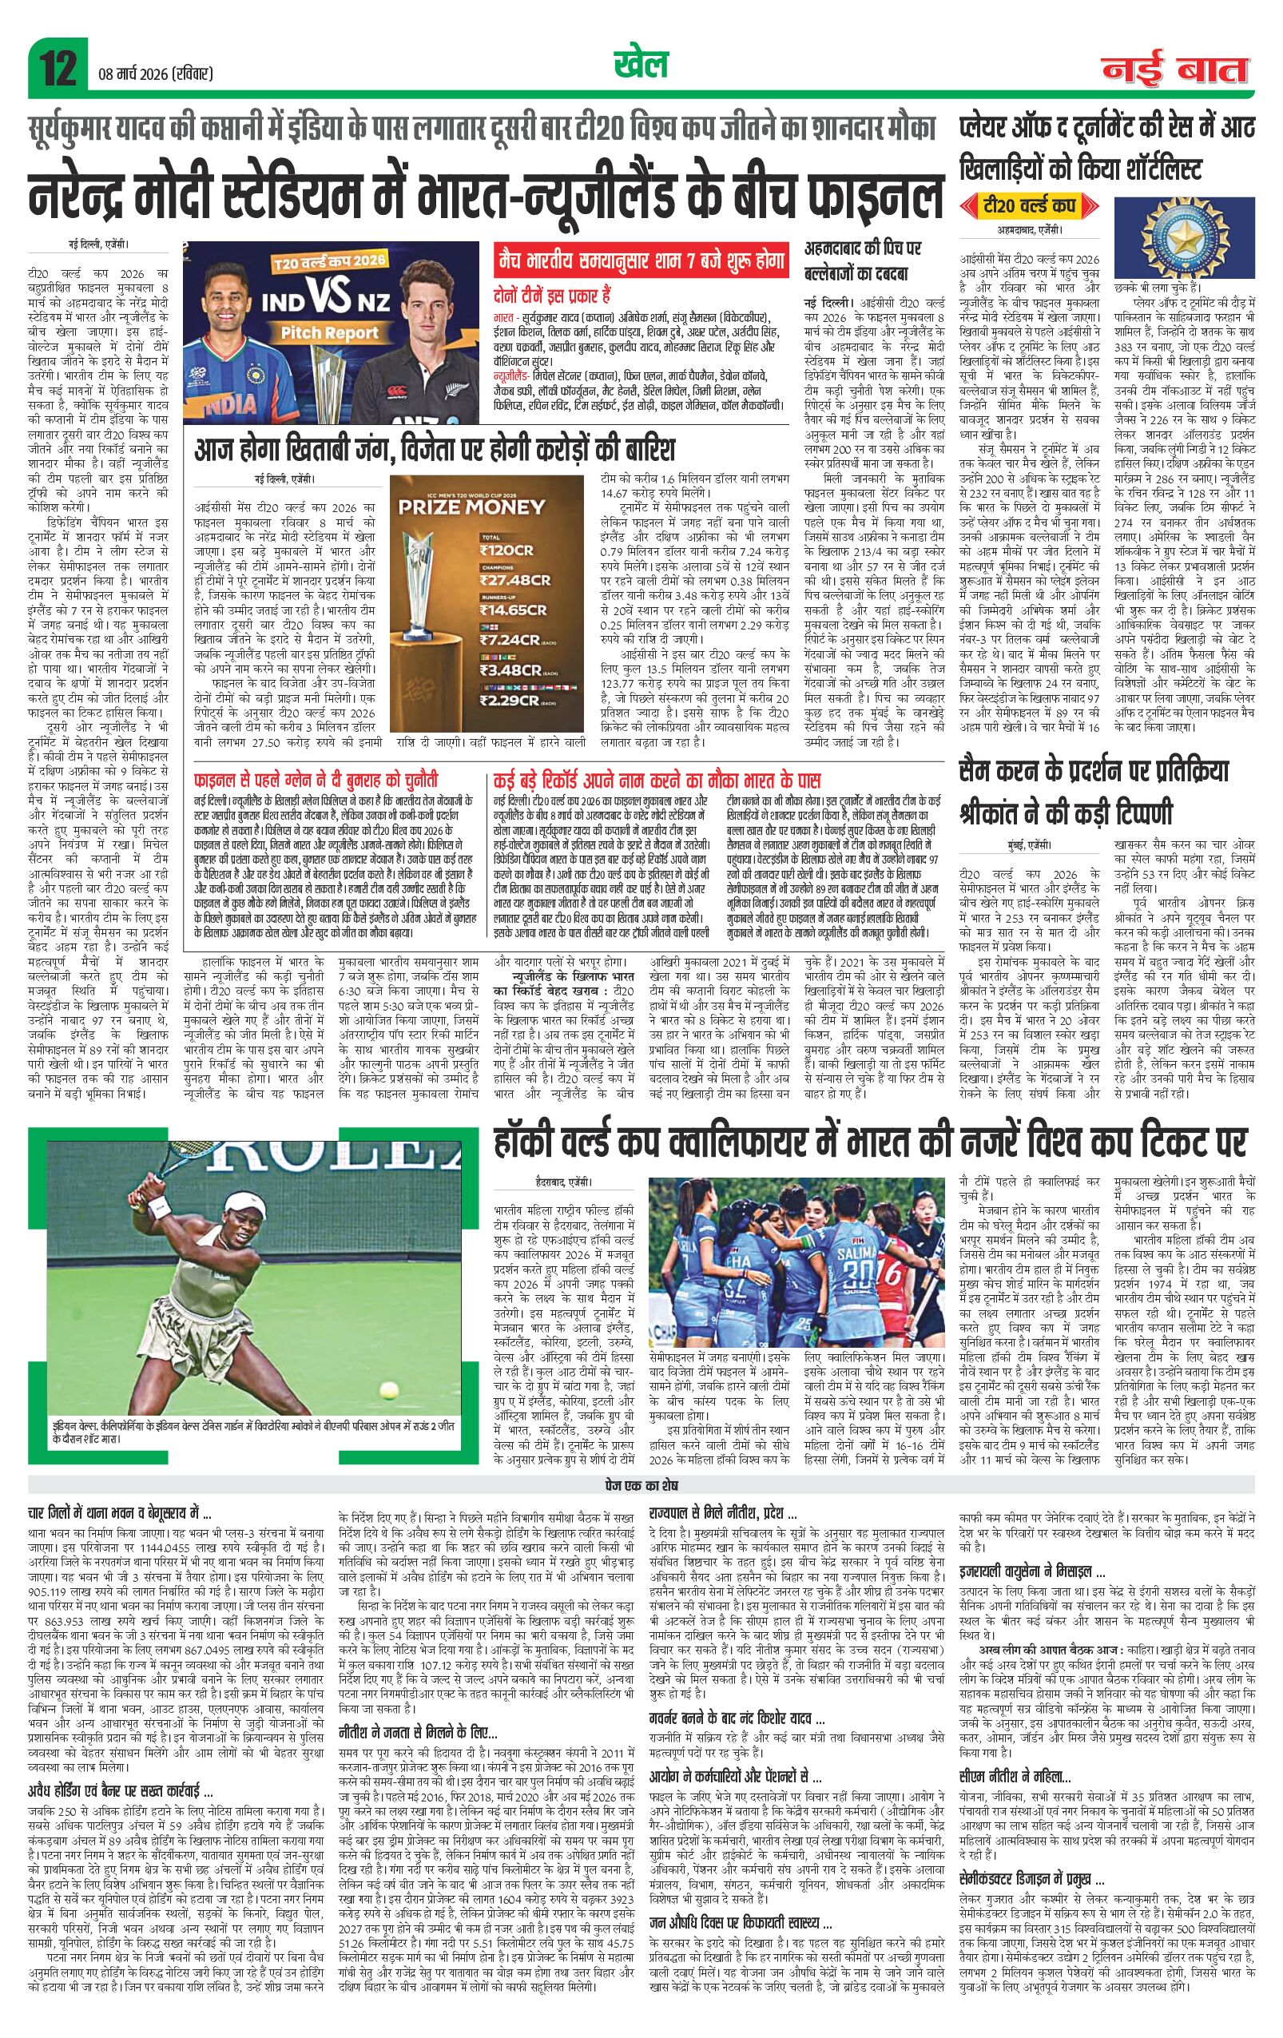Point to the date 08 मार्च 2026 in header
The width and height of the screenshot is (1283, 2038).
pos(155,74)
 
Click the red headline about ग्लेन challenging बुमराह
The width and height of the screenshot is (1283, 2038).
pos(316,779)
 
